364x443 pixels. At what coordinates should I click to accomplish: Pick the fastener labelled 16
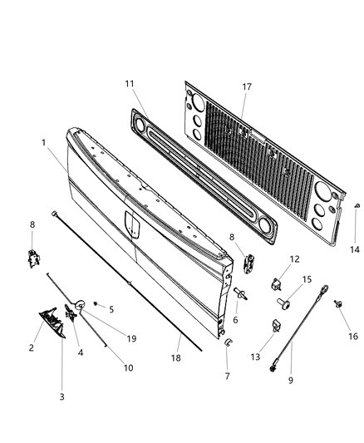pyautogui.click(x=339, y=304)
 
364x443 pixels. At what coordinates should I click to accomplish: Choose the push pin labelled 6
pyautogui.click(x=239, y=292)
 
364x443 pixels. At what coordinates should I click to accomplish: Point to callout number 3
pyautogui.click(x=61, y=397)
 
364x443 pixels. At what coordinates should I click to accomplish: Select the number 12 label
pyautogui.click(x=294, y=259)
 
